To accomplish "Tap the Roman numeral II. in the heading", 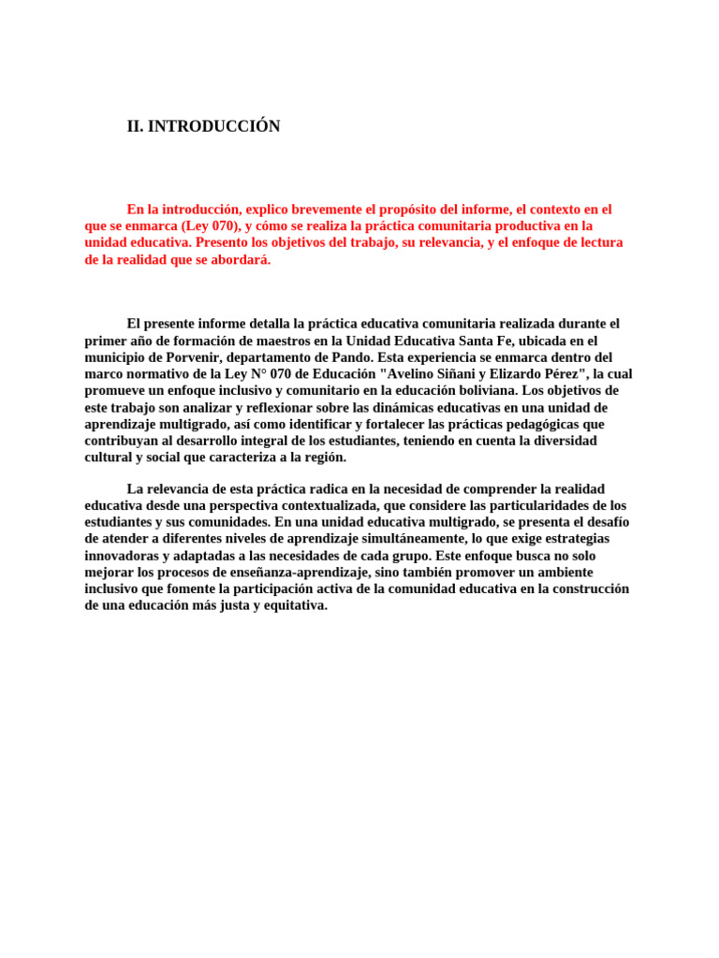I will (x=136, y=126).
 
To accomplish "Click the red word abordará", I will (x=241, y=259).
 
